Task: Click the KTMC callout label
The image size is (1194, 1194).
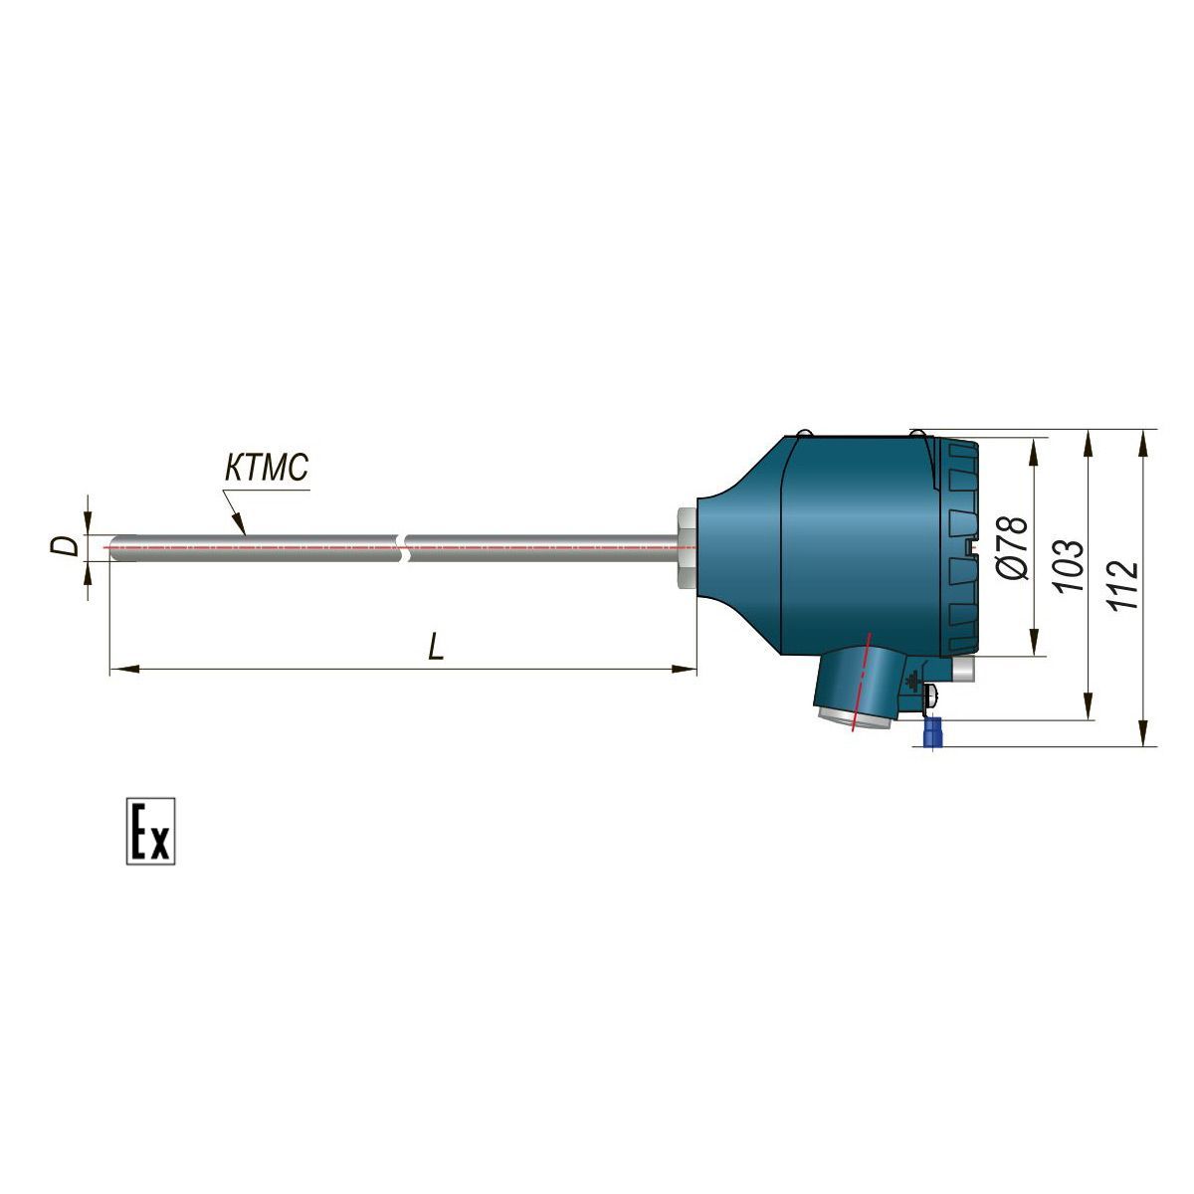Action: coord(266,468)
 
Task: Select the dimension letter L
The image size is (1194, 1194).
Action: coord(436,647)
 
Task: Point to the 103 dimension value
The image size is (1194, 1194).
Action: coord(1071,566)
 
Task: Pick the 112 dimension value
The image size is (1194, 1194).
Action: coord(1124,585)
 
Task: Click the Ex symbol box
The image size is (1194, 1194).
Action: coord(150,831)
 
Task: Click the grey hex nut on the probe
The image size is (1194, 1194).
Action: coord(688,546)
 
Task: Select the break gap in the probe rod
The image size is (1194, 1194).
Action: coord(405,547)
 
